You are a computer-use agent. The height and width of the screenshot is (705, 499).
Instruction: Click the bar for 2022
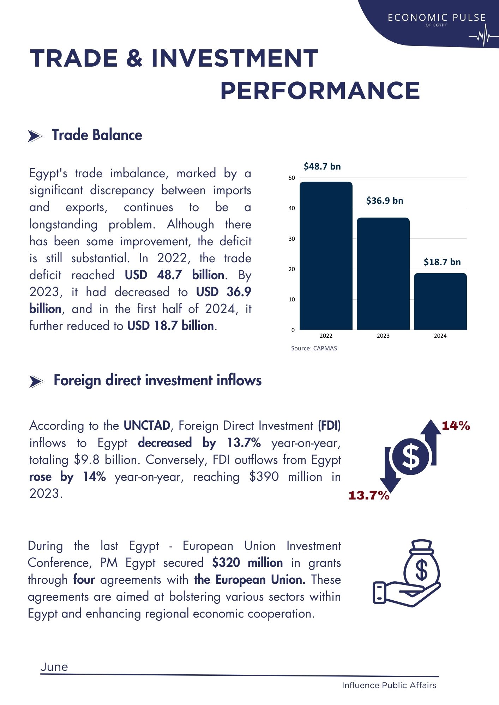pos(326,256)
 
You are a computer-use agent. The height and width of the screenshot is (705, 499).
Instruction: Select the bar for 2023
pos(383,274)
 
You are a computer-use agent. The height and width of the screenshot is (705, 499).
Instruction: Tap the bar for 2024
pos(440,301)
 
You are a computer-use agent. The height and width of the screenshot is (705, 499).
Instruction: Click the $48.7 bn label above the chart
pos(322,166)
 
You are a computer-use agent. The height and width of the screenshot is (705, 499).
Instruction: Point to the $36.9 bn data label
pos(385,201)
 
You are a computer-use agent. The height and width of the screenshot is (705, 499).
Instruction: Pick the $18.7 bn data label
pos(442,262)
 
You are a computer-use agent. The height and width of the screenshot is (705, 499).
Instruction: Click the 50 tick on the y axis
pos(292,178)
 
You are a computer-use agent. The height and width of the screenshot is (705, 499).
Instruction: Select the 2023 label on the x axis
pos(383,336)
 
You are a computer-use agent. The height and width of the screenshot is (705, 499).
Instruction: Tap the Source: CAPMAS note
pos(314,348)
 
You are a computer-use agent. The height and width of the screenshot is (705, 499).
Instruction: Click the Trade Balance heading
pos(97,135)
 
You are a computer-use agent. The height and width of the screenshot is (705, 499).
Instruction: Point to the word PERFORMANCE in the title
pos(320,91)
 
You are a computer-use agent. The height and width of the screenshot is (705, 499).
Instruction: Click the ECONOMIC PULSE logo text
pos(437,18)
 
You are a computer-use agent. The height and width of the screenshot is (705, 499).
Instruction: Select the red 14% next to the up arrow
pos(456,426)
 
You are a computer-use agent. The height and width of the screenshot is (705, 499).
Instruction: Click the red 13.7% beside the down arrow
pos(369,495)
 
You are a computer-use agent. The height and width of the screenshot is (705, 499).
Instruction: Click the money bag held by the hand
pos(421,564)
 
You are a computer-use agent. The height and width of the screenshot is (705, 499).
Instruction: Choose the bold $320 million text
pos(247,563)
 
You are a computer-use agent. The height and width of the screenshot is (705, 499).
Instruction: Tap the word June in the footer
pos(54,667)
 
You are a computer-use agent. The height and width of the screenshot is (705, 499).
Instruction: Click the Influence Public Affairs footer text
pos(389,685)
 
